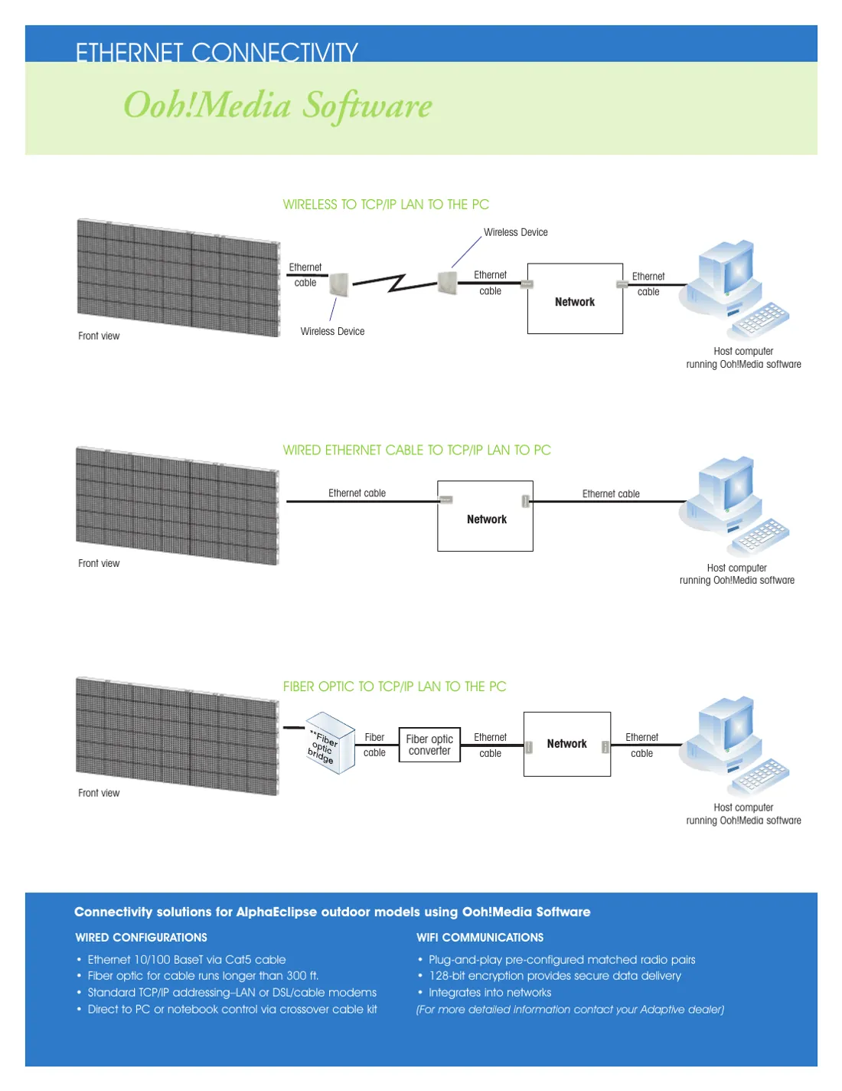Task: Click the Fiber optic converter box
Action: point(429,745)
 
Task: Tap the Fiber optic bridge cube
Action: point(330,743)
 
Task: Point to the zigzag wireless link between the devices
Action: point(396,283)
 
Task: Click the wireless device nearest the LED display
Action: point(339,284)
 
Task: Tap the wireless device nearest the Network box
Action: point(447,283)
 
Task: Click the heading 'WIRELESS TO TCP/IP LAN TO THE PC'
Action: point(386,205)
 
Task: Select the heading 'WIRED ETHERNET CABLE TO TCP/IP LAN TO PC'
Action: point(416,450)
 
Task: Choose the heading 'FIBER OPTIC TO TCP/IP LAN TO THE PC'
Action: point(395,686)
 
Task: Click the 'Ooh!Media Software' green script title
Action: point(278,106)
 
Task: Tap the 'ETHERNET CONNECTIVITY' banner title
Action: point(217,52)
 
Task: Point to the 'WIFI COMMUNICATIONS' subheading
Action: point(480,937)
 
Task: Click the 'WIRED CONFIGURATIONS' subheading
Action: point(141,937)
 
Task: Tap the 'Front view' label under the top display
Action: point(99,336)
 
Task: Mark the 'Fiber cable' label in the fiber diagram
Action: point(374,745)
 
